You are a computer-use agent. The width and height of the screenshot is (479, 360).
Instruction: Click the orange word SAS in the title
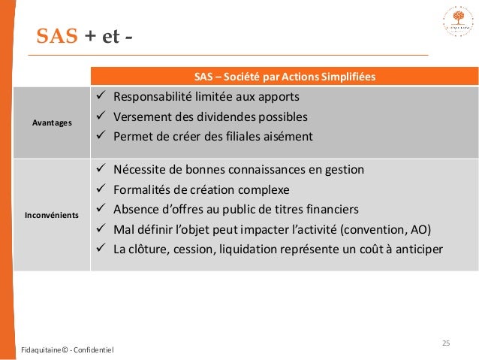click(57, 36)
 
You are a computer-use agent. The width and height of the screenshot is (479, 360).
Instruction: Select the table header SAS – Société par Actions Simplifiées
click(285, 77)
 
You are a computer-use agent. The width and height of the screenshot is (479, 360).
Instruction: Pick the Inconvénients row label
click(52, 215)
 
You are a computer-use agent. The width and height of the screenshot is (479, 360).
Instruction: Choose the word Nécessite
click(139, 169)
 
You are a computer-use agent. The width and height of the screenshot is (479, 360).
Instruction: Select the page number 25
click(446, 343)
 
